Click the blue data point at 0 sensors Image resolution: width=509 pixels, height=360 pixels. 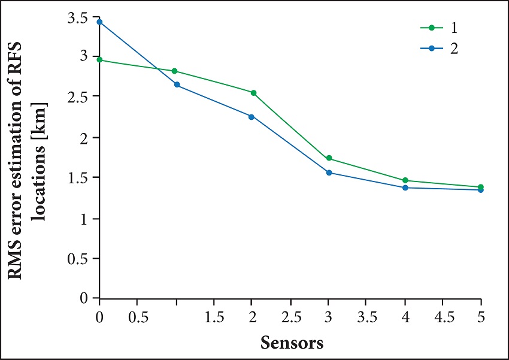click(100, 22)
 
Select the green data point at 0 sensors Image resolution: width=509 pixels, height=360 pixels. click(100, 60)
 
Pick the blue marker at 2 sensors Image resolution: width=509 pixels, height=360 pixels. click(252, 116)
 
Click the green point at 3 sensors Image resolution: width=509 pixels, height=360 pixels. click(329, 159)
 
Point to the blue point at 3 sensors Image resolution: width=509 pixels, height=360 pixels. click(329, 173)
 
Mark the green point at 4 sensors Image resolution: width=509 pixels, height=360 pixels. click(405, 180)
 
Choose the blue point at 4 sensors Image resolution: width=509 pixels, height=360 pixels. click(405, 188)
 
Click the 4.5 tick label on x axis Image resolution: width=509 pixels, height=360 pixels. click(443, 316)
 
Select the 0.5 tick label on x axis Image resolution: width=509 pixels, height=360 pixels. click(138, 316)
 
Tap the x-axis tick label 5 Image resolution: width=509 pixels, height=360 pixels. click(481, 316)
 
